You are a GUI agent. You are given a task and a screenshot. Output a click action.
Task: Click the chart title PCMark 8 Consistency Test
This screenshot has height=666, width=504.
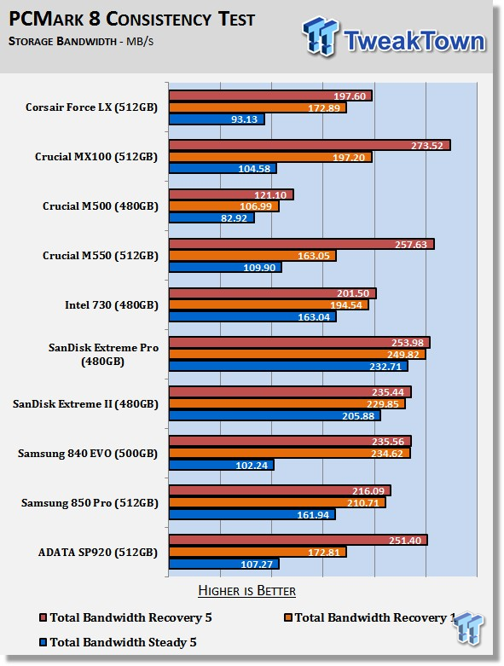coord(131,20)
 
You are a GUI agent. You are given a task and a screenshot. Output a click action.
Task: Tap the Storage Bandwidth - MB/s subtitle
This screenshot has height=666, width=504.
coord(81,42)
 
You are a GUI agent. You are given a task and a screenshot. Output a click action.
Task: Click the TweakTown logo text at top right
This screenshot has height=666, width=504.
coord(414,41)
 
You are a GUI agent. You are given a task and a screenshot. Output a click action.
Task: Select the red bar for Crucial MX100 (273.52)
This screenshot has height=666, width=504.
coord(310,145)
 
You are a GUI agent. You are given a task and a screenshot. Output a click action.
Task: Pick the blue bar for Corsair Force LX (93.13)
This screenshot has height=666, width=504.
coord(217,119)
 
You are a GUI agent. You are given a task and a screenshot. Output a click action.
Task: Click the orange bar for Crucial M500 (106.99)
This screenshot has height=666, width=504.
coord(223,206)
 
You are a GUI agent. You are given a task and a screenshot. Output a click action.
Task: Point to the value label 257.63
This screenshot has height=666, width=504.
coord(410,245)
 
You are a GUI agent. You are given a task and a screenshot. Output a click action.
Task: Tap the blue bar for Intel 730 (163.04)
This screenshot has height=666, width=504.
coord(252,317)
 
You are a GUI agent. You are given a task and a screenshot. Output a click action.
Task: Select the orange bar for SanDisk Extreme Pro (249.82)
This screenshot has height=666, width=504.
coord(298,354)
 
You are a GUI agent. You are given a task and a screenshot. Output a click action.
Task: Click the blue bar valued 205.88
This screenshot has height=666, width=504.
coord(275,415)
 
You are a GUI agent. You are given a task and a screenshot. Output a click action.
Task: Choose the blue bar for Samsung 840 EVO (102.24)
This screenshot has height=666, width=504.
coord(221,465)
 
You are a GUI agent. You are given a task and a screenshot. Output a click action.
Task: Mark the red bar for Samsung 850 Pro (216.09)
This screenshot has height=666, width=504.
coord(280,490)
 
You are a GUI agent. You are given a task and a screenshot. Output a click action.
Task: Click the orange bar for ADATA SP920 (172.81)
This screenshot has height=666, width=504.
coord(258,552)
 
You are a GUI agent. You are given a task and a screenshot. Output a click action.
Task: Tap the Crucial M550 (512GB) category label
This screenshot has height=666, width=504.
coord(101,256)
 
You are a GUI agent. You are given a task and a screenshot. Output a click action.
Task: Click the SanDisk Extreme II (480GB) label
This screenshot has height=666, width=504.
coord(85,404)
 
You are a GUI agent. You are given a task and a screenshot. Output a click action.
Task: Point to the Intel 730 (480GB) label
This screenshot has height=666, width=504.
coord(111,305)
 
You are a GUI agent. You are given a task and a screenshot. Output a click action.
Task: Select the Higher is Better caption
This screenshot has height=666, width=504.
coord(246,591)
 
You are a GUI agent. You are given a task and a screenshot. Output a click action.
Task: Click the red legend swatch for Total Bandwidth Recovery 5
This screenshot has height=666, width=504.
coord(43,617)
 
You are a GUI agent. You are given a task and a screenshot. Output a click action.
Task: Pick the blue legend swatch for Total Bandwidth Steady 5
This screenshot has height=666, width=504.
coord(43,642)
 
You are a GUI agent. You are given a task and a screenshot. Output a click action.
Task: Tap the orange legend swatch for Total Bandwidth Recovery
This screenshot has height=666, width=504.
coord(288,617)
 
